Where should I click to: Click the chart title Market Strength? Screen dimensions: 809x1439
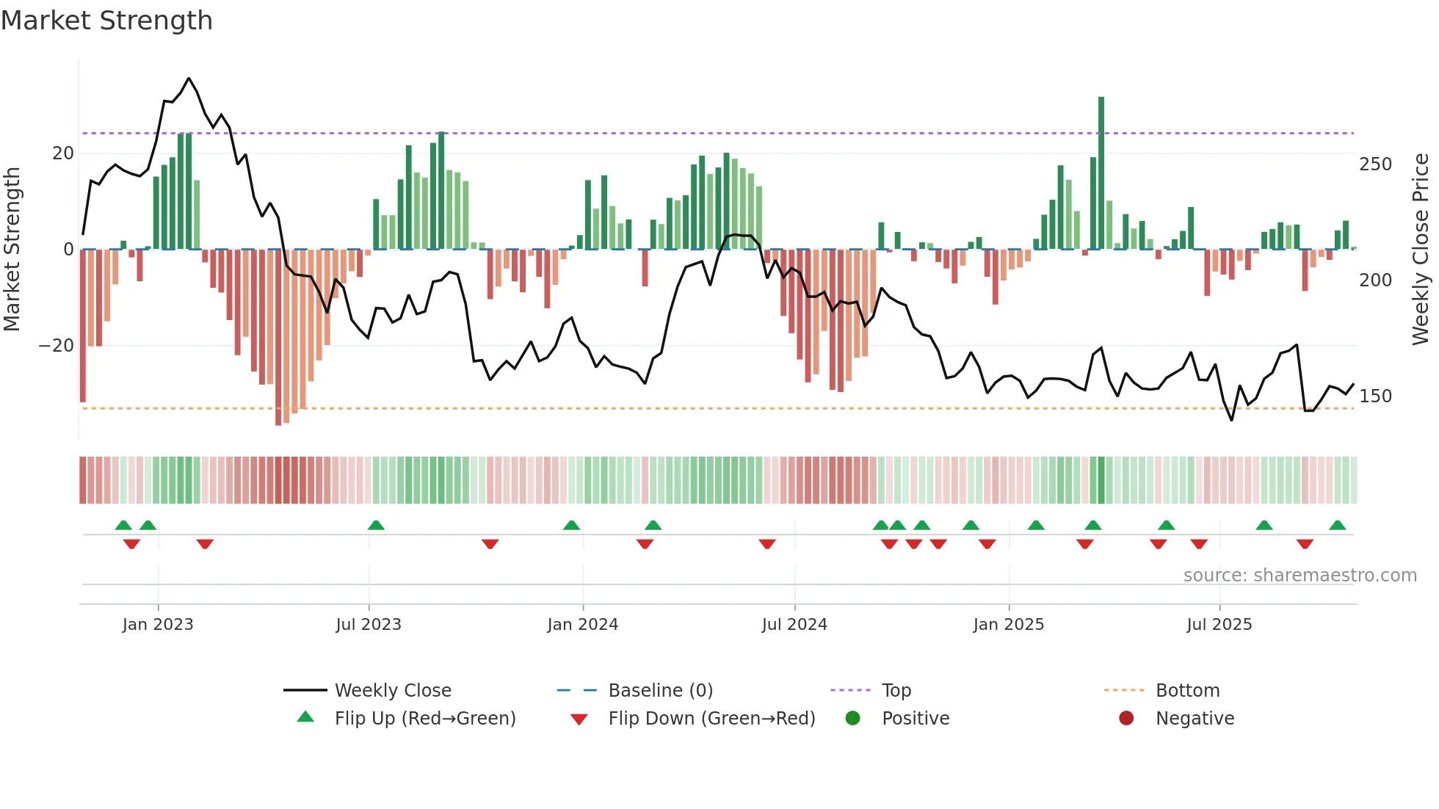tap(107, 21)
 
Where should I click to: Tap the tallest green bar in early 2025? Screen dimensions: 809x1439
tap(1101, 173)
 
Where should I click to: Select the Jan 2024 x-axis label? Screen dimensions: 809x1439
tap(582, 625)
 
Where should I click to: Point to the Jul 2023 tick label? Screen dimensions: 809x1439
tap(369, 625)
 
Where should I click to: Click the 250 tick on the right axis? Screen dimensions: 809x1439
tap(1375, 164)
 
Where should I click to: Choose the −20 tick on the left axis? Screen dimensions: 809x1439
tap(57, 346)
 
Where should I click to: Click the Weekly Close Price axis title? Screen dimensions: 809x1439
tap(1421, 250)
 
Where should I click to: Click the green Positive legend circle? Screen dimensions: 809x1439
tap(852, 718)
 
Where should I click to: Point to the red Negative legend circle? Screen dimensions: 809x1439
tap(1126, 718)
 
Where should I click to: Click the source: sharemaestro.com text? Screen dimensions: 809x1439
tap(1300, 576)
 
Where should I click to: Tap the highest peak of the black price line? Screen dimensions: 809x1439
tap(189, 79)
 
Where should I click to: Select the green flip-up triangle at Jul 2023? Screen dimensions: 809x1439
tap(376, 525)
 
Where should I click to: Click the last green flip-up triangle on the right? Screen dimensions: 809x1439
tap(1337, 525)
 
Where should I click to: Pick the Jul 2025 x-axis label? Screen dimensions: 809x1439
tap(1219, 625)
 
